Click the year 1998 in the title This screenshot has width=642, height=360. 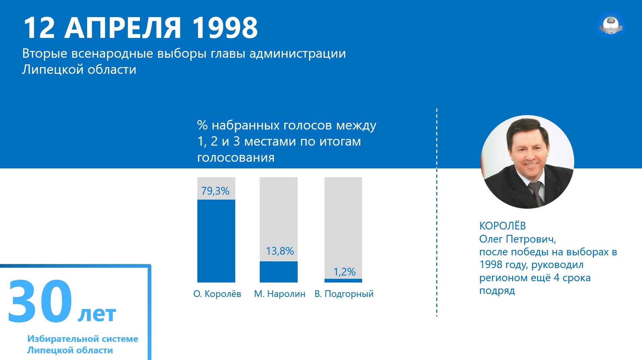225,28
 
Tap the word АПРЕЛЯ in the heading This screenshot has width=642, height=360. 123,28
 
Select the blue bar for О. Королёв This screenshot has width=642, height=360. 216,241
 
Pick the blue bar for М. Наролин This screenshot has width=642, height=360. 279,272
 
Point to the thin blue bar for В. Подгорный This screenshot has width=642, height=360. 343,280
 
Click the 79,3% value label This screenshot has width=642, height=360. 215,191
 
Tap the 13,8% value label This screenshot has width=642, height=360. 280,251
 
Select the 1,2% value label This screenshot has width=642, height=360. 344,272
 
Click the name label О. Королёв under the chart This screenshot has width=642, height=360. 217,294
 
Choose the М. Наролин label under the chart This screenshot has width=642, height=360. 280,294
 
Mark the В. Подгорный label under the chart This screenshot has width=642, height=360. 344,294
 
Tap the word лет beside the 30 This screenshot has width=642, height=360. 97,314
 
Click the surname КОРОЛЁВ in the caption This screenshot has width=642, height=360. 502,226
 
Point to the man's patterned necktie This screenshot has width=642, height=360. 536,193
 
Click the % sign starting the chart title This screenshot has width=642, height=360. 202,125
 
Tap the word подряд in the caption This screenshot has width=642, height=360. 497,291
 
